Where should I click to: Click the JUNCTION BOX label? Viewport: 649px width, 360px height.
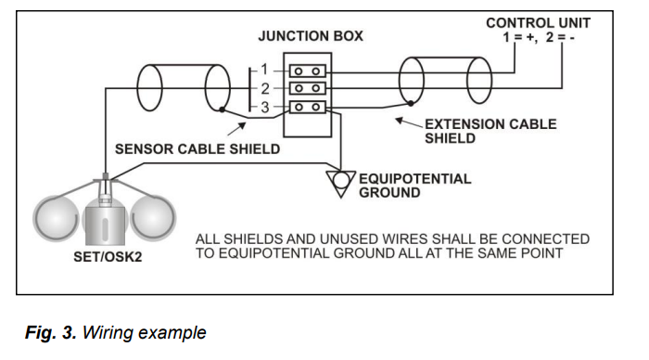coord(311,36)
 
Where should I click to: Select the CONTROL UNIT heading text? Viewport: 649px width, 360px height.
coord(538,23)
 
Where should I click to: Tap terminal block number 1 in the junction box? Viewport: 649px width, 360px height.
coord(307,71)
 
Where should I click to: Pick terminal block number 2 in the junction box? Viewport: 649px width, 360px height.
coord(307,88)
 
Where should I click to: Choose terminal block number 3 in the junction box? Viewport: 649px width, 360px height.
coord(307,108)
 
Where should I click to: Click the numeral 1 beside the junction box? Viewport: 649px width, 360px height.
coord(264,70)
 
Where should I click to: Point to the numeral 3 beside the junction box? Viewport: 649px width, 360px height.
coord(265,108)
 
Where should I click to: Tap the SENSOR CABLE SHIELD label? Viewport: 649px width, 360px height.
coord(197,149)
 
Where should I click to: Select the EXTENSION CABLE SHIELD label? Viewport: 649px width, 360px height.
coord(490,131)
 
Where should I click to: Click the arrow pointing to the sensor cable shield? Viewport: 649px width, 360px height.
coord(236,129)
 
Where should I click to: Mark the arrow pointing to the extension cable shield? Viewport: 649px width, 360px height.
coord(409,122)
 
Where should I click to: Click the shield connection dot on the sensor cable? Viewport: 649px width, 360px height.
coord(223,109)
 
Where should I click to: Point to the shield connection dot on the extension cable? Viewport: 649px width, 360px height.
coord(411,103)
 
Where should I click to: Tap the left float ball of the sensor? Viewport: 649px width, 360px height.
coord(56,218)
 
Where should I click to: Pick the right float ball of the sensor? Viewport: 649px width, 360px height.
coord(153,218)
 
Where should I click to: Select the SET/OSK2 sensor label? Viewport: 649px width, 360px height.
coord(108,257)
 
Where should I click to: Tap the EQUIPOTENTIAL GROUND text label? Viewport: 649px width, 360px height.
coord(414,186)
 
